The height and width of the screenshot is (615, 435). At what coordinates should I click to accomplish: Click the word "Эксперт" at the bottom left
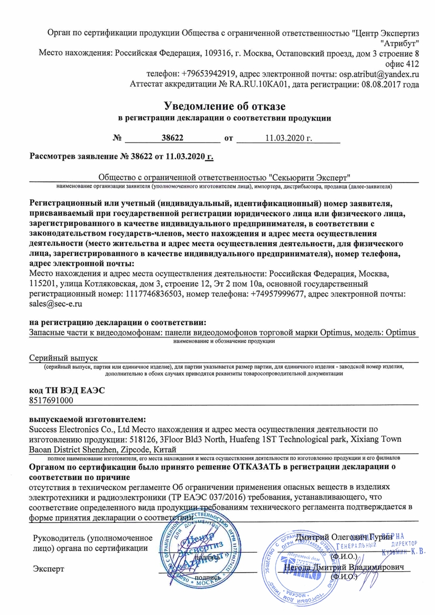coord(48,569)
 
